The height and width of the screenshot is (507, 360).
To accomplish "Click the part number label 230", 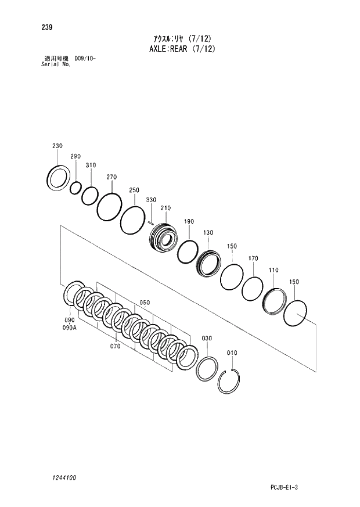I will tap(57, 146).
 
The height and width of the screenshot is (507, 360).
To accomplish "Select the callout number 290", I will tap(75, 157).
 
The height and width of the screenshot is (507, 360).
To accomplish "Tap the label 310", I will tap(91, 166).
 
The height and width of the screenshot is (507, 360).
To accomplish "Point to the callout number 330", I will tap(151, 200).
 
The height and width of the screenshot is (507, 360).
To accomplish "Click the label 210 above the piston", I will tap(165, 208).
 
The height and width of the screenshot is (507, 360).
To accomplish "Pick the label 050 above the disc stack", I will tap(145, 303).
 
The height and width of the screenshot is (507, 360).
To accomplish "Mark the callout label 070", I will tap(115, 346).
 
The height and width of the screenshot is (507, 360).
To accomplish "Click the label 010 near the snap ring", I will tap(232, 353).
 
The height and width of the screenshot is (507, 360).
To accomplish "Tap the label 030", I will tap(207, 338).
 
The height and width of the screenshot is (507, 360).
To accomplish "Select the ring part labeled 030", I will tap(207, 369).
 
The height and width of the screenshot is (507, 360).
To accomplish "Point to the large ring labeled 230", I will tap(59, 177).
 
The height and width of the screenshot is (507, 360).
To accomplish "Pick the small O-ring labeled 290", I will tap(75, 188).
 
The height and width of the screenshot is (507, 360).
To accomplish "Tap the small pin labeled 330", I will tap(150, 221).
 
